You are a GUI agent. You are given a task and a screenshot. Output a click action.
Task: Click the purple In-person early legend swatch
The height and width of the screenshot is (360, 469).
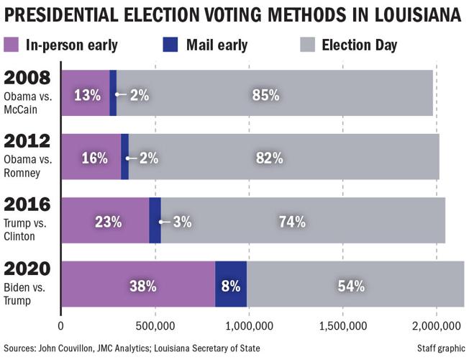12,45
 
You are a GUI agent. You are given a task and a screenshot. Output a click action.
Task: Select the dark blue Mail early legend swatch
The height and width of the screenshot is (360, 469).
170,45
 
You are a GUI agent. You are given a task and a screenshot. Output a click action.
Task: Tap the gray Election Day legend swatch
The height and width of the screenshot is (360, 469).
306,45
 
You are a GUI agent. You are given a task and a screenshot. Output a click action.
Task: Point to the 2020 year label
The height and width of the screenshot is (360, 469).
27,269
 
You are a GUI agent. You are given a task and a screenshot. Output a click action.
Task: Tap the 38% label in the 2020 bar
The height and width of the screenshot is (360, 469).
142,286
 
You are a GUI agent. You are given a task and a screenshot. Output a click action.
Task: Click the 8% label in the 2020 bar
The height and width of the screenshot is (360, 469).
230,286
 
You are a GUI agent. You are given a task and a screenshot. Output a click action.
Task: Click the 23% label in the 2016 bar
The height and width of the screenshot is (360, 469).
109,222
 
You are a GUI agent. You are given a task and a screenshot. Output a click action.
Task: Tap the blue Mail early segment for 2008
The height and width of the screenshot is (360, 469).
113,93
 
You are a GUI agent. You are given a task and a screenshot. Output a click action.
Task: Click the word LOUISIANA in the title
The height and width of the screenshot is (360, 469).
405,14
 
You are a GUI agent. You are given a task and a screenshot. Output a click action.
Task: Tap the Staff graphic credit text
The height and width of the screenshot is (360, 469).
440,348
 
